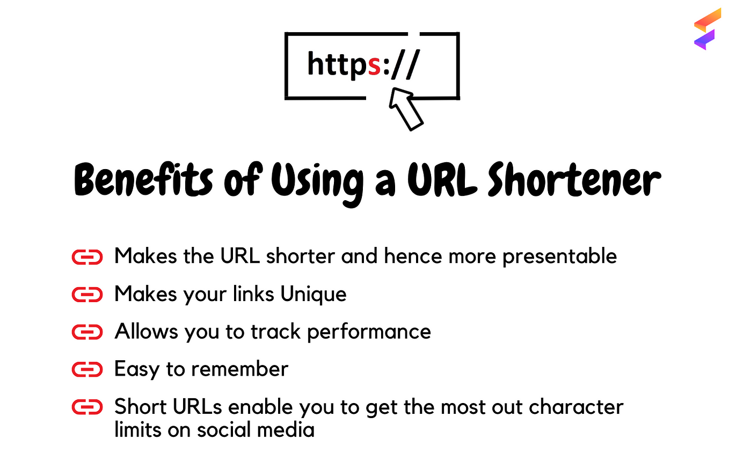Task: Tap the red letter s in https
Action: (x=374, y=66)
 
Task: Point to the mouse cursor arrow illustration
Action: (x=406, y=109)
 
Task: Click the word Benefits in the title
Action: (x=143, y=180)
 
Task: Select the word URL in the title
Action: (x=442, y=179)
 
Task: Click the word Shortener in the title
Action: (x=574, y=179)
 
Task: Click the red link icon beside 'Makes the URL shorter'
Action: (x=87, y=257)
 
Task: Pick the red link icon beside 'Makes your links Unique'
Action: (x=87, y=295)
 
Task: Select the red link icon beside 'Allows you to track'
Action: (x=87, y=332)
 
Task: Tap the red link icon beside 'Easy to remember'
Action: (x=87, y=369)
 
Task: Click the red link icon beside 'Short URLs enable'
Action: (x=87, y=407)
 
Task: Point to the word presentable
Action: (x=560, y=257)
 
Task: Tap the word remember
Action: (x=239, y=369)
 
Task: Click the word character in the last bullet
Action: (x=576, y=407)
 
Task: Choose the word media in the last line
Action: (x=286, y=429)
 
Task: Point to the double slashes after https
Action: (x=405, y=64)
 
